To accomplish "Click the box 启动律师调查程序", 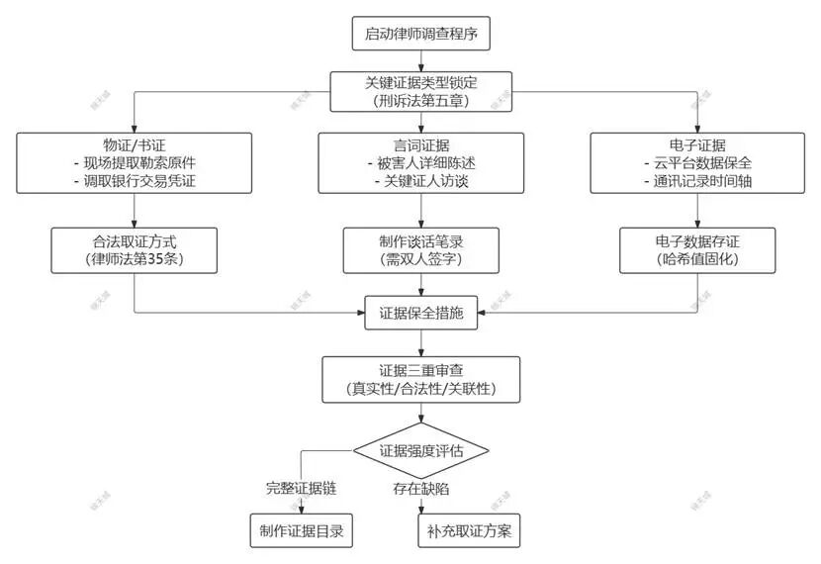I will pyautogui.click(x=421, y=34).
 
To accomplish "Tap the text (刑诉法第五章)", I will pyautogui.click(x=421, y=101).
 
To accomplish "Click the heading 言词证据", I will pyautogui.click(x=421, y=143).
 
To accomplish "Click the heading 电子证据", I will pyautogui.click(x=698, y=143).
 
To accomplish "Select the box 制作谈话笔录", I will pyautogui.click(x=421, y=249).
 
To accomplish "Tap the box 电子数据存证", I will pyautogui.click(x=698, y=249).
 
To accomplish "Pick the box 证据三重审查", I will pyautogui.click(x=421, y=379).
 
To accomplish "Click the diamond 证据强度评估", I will pyautogui.click(x=421, y=451).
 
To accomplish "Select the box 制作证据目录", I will pyautogui.click(x=301, y=531).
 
